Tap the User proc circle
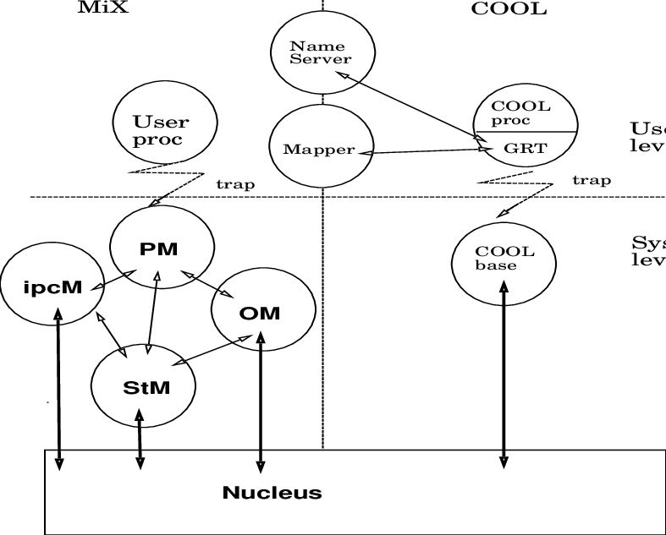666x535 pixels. pos(162,129)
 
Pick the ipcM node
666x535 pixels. pos(52,287)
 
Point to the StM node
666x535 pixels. pos(144,388)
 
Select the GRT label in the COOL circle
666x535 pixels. pos(526,149)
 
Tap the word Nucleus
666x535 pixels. pos(272,493)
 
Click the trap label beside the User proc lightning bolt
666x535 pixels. pos(235,183)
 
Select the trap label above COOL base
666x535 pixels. pos(592,180)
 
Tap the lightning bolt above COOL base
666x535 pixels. pos(515,190)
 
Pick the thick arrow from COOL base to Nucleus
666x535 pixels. pos(504,372)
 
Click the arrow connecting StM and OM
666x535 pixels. pos(216,350)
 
